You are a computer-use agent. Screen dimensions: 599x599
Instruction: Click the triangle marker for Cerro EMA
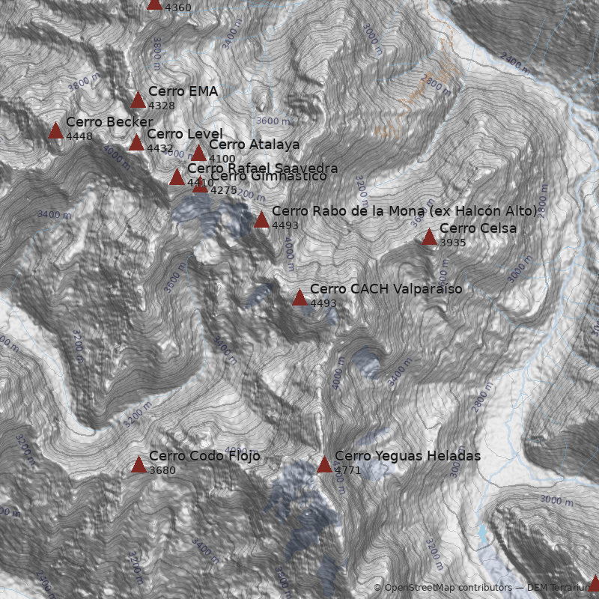click(139, 100)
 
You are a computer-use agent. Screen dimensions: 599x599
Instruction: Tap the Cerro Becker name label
click(109, 122)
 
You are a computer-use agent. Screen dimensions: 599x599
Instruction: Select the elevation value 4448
click(79, 136)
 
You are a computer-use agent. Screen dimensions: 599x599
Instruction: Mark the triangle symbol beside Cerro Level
click(136, 142)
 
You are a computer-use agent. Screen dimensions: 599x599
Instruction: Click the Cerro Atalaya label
click(254, 145)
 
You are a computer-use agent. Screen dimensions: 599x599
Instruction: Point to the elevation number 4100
click(222, 159)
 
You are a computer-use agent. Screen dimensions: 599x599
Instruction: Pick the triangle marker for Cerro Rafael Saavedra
click(177, 177)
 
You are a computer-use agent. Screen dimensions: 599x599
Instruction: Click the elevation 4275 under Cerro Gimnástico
click(223, 190)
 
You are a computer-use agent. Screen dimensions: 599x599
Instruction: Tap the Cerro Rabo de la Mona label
click(404, 210)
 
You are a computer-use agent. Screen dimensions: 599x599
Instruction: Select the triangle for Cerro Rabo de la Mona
click(261, 219)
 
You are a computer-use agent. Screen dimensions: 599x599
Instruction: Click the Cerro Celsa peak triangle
click(429, 237)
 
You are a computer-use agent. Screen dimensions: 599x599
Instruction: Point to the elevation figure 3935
click(453, 243)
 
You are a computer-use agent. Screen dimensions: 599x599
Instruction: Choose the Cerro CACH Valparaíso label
click(386, 289)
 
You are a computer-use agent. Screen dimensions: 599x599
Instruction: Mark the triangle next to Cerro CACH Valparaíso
click(299, 297)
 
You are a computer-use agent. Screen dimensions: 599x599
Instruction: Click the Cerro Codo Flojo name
click(204, 456)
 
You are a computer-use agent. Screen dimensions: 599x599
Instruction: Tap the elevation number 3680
click(162, 470)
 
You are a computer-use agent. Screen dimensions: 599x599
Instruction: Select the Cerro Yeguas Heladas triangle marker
click(324, 464)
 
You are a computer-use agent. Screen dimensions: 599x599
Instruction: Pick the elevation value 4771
click(348, 470)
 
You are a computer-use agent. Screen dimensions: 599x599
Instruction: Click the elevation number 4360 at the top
click(178, 7)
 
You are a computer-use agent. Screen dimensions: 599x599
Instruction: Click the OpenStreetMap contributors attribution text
click(443, 588)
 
